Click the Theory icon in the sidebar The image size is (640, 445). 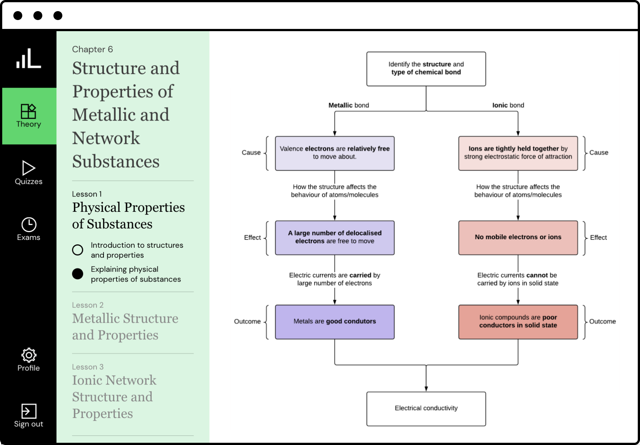(29, 111)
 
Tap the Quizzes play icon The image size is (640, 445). (29, 168)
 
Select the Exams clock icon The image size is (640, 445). (29, 224)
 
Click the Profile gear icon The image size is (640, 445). (29, 355)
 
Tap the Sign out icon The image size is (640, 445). (29, 411)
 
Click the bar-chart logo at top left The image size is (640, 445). (29, 59)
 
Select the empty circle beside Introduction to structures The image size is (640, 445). (78, 250)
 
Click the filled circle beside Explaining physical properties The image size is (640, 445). (78, 274)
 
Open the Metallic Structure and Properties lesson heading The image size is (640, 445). (125, 326)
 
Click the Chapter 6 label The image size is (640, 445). (92, 49)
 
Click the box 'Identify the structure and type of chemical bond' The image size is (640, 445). (426, 69)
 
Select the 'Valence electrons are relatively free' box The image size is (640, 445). (334, 153)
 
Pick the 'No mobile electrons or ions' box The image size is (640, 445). (518, 238)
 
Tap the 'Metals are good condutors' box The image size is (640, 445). (334, 322)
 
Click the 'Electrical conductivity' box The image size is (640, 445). (426, 409)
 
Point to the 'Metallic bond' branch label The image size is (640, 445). (348, 105)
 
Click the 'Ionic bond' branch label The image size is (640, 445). (508, 105)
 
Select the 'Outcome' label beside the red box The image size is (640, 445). (602, 322)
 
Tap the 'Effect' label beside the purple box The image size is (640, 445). (252, 238)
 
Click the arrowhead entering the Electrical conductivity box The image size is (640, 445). (426, 388)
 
